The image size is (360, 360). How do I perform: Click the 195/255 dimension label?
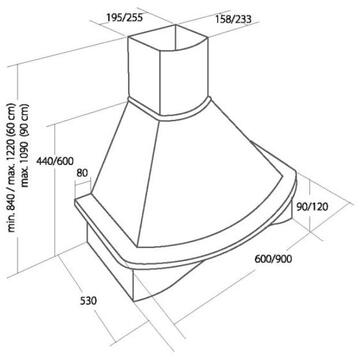124,17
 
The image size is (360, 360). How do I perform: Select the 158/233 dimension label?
232,19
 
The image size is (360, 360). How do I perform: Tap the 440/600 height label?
55,161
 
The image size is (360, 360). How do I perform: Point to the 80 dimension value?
82,173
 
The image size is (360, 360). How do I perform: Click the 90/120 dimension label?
312,207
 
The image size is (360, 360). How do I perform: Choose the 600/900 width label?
273,258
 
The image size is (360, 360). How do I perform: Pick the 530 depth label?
88,301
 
